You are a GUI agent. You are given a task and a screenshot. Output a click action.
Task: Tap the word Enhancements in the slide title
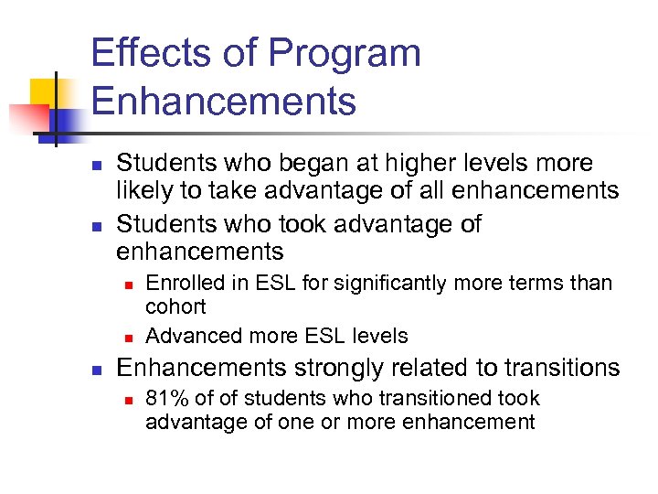(x=224, y=100)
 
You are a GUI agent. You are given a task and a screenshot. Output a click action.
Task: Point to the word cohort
(x=175, y=306)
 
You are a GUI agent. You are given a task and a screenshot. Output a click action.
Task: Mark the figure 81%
(x=164, y=399)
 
